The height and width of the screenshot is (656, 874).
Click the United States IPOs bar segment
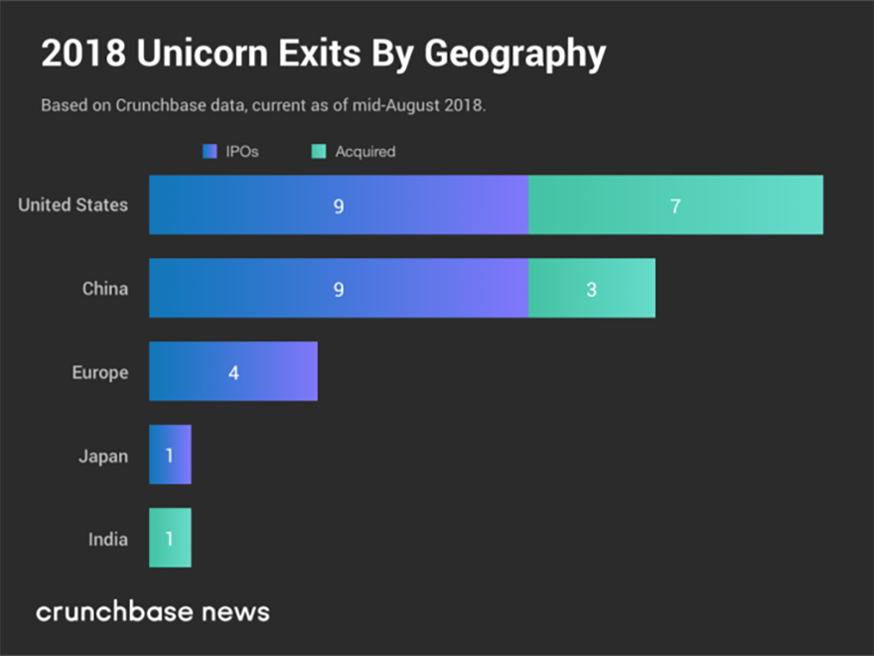(x=338, y=205)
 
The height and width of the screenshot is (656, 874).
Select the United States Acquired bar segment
(x=675, y=205)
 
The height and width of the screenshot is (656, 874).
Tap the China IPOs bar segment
(x=338, y=289)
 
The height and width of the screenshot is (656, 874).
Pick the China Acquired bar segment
(x=592, y=289)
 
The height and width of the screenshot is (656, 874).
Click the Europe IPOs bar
(x=233, y=372)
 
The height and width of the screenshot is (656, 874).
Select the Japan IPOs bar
(x=170, y=456)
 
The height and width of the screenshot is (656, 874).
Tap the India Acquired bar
(x=170, y=539)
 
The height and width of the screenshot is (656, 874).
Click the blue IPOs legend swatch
(x=209, y=152)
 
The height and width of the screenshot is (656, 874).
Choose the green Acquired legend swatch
(x=319, y=152)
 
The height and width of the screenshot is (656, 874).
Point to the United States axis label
(x=73, y=205)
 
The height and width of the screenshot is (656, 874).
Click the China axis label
(x=104, y=289)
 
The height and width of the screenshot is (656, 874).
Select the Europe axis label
(x=99, y=372)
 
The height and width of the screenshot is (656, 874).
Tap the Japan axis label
(x=103, y=457)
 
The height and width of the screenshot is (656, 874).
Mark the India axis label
(x=107, y=540)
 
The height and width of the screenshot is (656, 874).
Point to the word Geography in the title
(x=514, y=56)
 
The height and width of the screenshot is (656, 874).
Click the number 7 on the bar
(x=675, y=206)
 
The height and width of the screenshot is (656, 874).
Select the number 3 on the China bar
(x=592, y=290)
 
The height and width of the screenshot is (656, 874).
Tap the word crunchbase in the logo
(x=113, y=610)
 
